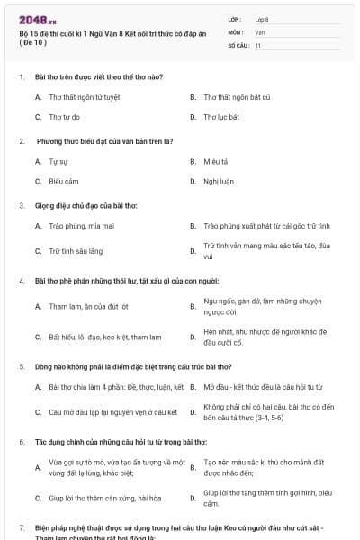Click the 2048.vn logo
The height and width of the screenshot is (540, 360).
pos(37,20)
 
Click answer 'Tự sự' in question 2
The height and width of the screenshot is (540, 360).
pos(59,161)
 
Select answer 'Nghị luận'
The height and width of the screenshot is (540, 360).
pos(219,181)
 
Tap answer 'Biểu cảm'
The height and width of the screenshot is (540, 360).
pos(65,181)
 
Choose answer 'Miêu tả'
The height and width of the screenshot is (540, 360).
pos(216,161)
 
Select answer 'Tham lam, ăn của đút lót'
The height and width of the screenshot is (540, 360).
pos(88,306)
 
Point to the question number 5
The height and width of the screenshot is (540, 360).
pos(21,367)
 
